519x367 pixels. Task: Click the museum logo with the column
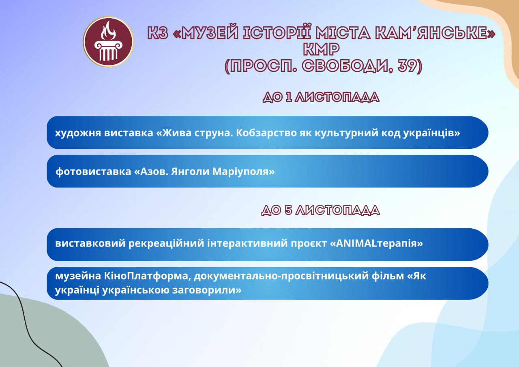(x=108, y=42)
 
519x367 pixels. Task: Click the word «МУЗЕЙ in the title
(x=206, y=33)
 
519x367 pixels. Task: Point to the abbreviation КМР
(x=322, y=49)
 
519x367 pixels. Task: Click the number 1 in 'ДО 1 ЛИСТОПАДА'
(x=288, y=97)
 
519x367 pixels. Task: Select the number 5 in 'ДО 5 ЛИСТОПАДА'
(x=288, y=210)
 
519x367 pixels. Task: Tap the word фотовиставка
(x=93, y=172)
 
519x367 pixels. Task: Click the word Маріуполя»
(x=244, y=172)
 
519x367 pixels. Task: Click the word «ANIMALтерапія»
(x=376, y=243)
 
